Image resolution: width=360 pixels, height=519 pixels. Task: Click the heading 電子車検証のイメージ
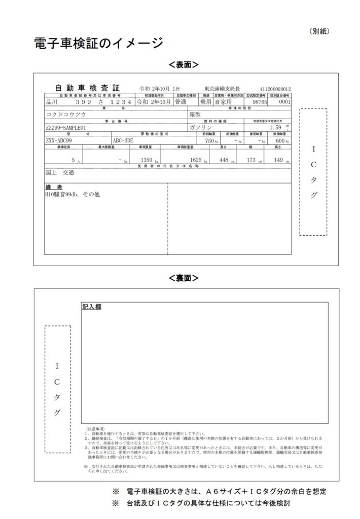[x=98, y=43]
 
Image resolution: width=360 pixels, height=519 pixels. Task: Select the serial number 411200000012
[x=275, y=88]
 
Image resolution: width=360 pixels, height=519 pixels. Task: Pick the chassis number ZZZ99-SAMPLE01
[x=69, y=128]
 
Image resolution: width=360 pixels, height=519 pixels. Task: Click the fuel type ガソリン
[x=199, y=128]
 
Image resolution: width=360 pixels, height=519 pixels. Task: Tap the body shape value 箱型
[x=195, y=115]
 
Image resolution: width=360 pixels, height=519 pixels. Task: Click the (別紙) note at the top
[x=319, y=31]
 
